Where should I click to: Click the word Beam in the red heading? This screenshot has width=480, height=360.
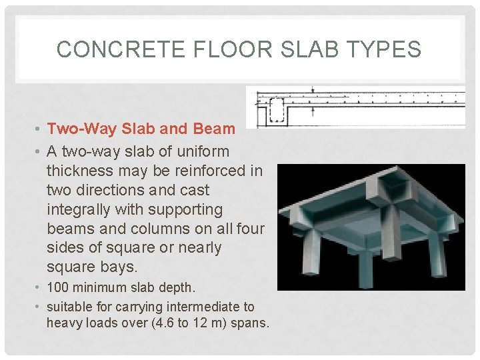pyautogui.click(x=214, y=129)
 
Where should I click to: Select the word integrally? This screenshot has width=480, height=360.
pyautogui.click(x=79, y=209)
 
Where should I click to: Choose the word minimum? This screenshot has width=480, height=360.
pyautogui.click(x=98, y=288)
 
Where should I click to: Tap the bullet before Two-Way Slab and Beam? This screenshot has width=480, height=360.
pyautogui.click(x=39, y=129)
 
